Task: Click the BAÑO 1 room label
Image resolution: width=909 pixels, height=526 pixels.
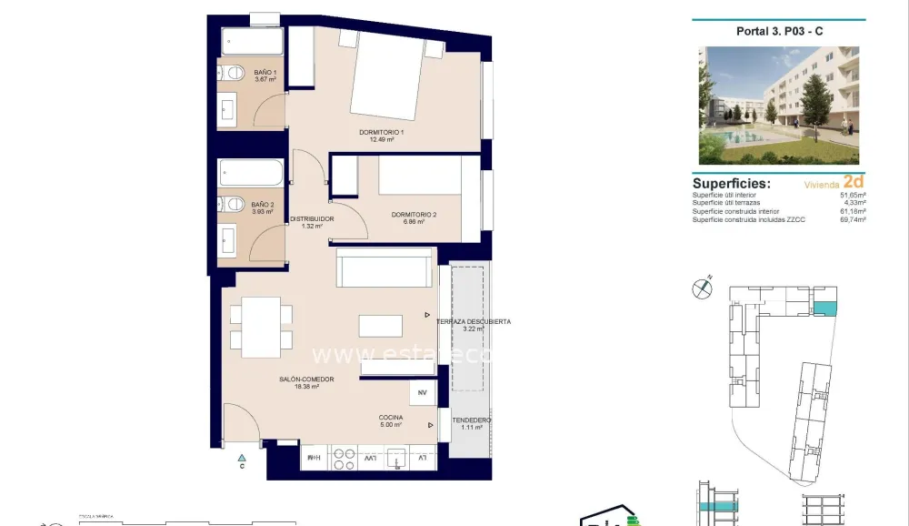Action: point(265,76)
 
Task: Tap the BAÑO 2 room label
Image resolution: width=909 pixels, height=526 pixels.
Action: point(263,208)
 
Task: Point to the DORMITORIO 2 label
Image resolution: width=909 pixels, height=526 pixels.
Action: point(414,217)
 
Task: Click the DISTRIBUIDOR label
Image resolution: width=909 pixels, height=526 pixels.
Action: point(312,222)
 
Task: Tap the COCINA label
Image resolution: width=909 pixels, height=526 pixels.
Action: point(392,420)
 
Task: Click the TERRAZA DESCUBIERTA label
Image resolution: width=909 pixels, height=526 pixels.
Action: point(473,324)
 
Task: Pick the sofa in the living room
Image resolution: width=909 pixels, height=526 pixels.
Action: point(384,268)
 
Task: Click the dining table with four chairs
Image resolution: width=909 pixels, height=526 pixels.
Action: point(261,328)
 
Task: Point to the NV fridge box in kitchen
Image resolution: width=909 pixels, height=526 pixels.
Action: point(422,393)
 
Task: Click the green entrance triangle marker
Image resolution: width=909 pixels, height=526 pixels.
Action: point(242,457)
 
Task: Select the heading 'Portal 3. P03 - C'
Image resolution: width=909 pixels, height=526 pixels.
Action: point(778,31)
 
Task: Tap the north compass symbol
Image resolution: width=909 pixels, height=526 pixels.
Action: point(702,288)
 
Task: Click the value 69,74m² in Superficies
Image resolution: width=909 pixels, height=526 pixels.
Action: point(852,219)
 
